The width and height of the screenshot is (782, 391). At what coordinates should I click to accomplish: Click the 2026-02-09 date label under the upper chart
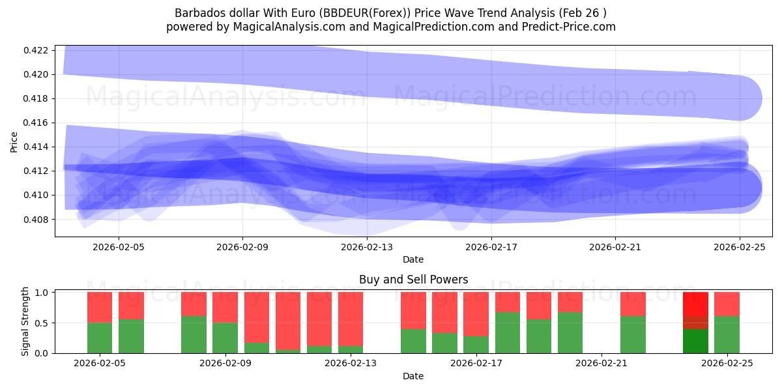coord(242,247)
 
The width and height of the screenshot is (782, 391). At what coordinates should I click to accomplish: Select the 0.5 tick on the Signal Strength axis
coord(41,323)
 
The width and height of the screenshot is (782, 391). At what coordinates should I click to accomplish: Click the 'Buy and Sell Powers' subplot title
coord(413,280)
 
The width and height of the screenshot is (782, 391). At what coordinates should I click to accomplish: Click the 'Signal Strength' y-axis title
coord(25,321)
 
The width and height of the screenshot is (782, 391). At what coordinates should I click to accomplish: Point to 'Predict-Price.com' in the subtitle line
coord(571,27)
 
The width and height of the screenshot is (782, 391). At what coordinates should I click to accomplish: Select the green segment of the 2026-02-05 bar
coord(100,338)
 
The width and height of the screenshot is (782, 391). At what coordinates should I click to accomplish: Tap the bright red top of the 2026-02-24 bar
coord(695,304)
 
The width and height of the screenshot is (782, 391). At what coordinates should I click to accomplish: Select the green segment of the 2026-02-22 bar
coord(633,334)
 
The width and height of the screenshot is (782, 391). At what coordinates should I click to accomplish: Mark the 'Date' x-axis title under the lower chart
coord(413,376)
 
